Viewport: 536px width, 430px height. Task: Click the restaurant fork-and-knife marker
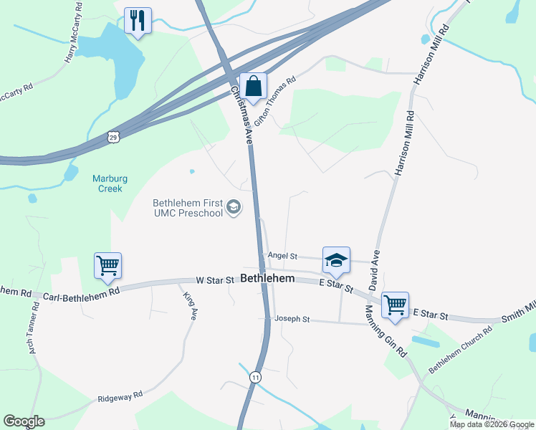(138, 20)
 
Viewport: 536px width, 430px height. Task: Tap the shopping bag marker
(253, 86)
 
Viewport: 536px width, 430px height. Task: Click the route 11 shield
(255, 376)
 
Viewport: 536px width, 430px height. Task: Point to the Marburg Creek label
(107, 183)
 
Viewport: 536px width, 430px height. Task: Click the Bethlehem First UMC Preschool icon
(233, 208)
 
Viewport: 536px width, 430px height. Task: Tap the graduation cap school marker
(335, 260)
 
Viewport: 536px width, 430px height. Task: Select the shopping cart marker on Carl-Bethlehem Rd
(107, 266)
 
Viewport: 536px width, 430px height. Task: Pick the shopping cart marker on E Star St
(395, 305)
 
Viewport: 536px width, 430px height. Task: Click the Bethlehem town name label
(268, 277)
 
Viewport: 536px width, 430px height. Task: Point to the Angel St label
(282, 255)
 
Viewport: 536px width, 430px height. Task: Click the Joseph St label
(292, 319)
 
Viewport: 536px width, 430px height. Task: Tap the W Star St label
(216, 280)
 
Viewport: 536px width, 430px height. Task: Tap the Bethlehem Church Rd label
(461, 350)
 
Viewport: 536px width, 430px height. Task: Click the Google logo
(24, 421)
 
